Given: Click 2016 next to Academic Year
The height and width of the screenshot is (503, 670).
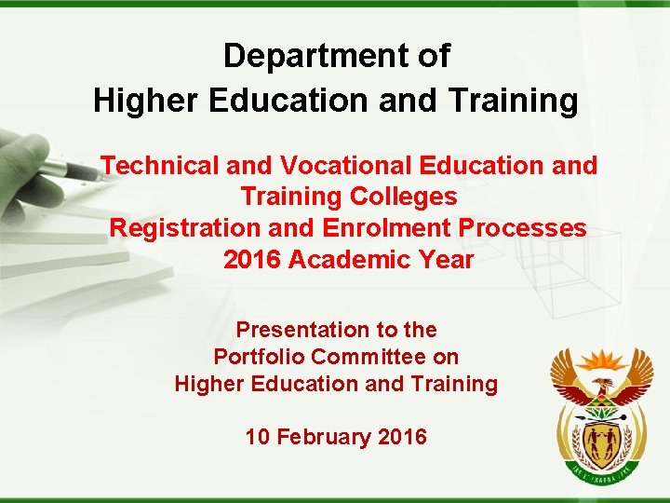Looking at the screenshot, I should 252,260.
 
